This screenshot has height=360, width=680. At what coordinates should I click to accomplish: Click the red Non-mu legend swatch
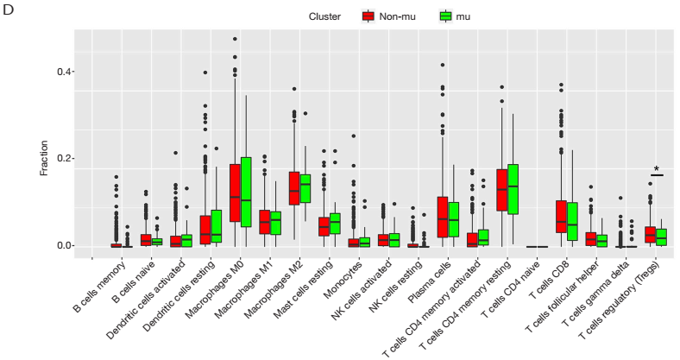coord(368,16)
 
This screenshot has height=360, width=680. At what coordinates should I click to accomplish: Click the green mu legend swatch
coord(446,16)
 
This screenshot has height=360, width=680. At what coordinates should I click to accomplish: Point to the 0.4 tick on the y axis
coord(62,72)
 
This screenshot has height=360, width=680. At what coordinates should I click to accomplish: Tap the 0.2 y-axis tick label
coord(62,159)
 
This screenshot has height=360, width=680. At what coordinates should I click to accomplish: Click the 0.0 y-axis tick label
coord(62,246)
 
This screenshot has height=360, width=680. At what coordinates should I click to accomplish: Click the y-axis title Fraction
coord(44,159)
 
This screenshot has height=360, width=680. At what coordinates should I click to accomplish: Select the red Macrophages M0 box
coord(235,193)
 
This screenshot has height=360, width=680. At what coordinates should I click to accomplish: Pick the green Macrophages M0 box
coord(246,192)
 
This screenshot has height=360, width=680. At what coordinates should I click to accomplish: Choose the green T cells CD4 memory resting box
coord(513,188)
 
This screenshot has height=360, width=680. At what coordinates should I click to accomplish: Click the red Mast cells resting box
coord(324,226)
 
